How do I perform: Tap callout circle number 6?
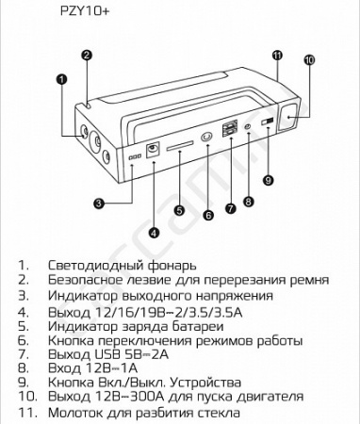pos(208,214)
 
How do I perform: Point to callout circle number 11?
pos(276,56)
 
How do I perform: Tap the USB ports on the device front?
pos(229,131)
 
